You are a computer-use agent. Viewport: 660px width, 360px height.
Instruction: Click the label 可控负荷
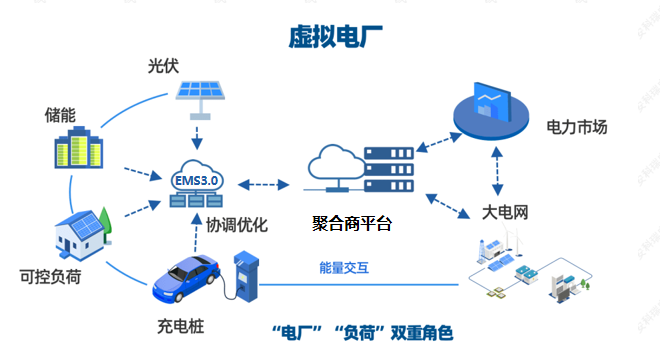tap(50, 277)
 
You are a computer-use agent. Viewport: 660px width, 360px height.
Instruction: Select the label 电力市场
tap(576, 127)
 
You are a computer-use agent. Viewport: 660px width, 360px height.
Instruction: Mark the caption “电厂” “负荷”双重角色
tap(362, 332)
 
